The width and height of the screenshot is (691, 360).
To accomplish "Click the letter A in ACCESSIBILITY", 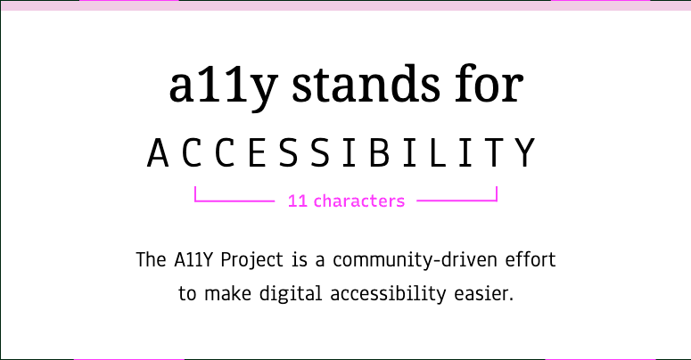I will pyautogui.click(x=158, y=153).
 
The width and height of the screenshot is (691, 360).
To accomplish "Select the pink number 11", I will pyautogui.click(x=298, y=201).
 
